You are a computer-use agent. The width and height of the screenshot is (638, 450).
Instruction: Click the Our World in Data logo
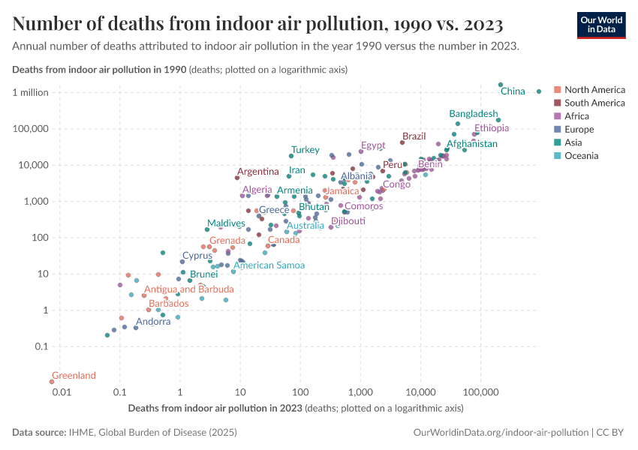[x=601, y=25]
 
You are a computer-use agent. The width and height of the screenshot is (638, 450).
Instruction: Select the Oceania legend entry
[x=576, y=156]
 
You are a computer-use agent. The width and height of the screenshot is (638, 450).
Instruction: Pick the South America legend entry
[x=589, y=103]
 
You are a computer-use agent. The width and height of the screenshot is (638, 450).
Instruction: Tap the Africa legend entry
[x=572, y=116]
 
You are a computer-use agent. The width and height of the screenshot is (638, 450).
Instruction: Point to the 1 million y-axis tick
[x=31, y=93]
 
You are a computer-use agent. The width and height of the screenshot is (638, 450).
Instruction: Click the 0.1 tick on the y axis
[x=41, y=346]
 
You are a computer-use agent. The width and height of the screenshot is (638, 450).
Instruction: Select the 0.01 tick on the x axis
[x=62, y=392]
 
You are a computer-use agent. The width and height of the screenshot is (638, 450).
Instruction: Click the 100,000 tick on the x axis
[x=480, y=392]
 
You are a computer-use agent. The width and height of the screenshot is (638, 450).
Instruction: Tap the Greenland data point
[x=52, y=382]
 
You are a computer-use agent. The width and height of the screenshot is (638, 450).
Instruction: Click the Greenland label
[x=74, y=375]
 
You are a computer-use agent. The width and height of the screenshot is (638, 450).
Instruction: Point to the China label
[x=513, y=91]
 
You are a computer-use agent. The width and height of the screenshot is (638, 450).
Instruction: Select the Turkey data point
[x=291, y=156]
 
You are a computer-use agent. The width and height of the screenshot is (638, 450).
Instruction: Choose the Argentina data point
[x=237, y=178]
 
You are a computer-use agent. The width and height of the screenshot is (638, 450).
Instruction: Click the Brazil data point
[x=402, y=142]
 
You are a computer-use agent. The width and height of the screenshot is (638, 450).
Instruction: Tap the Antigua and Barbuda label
[x=189, y=289]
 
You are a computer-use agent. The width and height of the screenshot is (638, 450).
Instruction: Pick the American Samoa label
[x=269, y=265]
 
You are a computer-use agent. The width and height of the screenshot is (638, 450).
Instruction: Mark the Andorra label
[x=153, y=322]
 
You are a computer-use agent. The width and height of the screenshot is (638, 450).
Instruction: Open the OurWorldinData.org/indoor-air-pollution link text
[x=501, y=433]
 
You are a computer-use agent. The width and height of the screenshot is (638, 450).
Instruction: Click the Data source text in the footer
[x=125, y=433]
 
